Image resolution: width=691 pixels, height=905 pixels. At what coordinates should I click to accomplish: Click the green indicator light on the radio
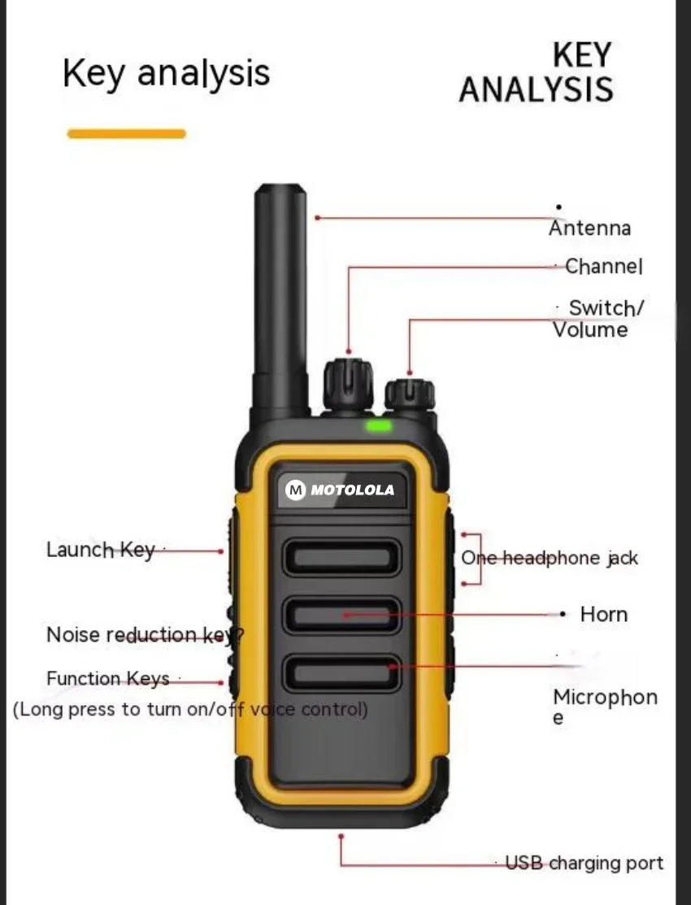378,426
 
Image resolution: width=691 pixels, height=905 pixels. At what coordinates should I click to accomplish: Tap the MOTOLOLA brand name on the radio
352,490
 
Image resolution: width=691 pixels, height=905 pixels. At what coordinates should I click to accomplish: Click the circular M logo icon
296,490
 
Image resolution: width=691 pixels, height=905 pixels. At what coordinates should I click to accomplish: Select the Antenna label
589,228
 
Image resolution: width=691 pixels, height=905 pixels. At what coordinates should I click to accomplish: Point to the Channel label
603,266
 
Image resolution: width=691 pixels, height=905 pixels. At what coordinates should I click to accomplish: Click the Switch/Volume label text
598,319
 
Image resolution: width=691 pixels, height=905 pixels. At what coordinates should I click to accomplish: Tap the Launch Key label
101,550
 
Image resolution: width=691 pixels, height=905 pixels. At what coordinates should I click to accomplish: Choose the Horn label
604,614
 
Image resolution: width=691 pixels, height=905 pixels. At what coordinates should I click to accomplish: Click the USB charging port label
585,863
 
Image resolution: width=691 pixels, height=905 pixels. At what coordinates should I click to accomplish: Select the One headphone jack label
550,558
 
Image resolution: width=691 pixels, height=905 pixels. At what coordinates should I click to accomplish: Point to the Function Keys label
108,678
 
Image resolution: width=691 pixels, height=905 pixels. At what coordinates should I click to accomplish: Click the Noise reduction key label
145,634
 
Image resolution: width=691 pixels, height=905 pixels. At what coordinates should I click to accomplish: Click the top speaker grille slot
341,558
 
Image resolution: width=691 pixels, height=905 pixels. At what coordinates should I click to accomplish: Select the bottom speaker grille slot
341,673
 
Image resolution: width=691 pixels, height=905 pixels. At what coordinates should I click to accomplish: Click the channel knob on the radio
348,385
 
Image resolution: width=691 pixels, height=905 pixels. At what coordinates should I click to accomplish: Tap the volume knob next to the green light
410,394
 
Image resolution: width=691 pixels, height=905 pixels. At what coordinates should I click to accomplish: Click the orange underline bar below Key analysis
127,134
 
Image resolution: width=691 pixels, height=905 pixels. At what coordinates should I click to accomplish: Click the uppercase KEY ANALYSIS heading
537,72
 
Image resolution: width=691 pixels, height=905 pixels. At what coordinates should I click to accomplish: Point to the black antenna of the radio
280,300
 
